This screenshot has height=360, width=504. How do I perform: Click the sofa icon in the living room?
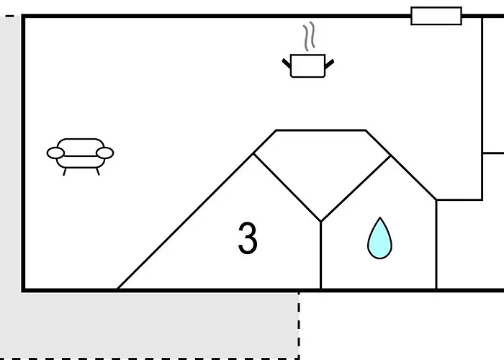(x=81, y=157)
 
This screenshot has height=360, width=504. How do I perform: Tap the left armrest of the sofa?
(x=55, y=153)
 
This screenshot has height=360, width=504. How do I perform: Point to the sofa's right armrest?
(x=105, y=153)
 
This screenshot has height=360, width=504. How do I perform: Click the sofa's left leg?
(x=64, y=172)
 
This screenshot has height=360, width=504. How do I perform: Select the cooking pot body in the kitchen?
(x=307, y=66)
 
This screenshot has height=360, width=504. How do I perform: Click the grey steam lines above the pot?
(x=309, y=36)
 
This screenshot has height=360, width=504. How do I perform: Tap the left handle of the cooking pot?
(x=287, y=63)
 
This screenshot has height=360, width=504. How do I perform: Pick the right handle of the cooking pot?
(x=330, y=64)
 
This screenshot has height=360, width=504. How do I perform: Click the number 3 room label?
(x=248, y=238)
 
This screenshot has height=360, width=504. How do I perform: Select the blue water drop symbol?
(x=379, y=238)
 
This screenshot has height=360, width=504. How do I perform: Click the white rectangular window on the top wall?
(x=436, y=16)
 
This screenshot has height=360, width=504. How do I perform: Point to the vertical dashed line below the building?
(x=299, y=325)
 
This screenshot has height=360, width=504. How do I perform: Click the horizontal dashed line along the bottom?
(x=150, y=359)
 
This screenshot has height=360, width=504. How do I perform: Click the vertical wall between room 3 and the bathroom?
(x=321, y=256)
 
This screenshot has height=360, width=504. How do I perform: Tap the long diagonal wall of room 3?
(x=185, y=222)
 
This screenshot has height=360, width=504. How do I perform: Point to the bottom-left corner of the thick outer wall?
(x=23, y=291)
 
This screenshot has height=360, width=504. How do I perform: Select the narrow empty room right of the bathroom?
(x=459, y=244)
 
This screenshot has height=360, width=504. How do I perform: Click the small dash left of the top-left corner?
(x=9, y=16)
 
